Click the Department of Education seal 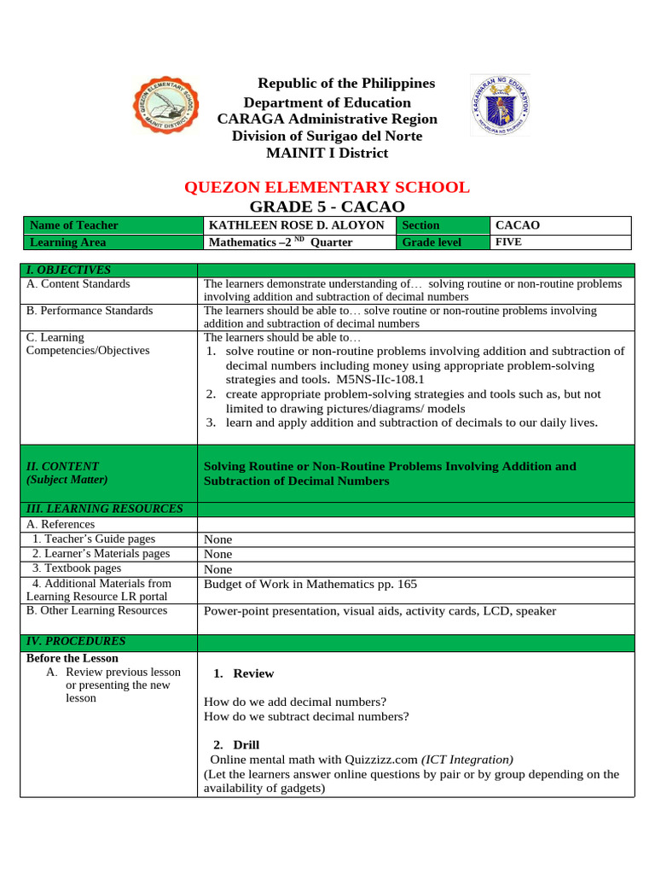point(499,105)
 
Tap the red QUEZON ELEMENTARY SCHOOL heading point(327,187)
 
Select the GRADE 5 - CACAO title point(327,207)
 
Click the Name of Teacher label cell point(73,225)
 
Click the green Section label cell point(421,225)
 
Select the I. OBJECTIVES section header point(68,270)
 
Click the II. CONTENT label point(62,466)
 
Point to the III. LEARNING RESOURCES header point(105,509)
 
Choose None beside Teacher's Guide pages point(217,539)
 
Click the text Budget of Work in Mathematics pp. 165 point(310,584)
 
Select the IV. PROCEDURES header point(76,641)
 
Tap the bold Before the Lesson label point(72,658)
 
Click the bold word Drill point(246,745)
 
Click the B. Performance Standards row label point(90,311)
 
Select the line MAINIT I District point(327,153)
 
